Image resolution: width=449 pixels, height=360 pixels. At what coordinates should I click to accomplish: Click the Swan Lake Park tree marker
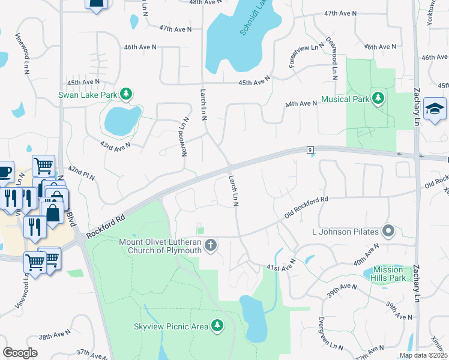click(125, 94)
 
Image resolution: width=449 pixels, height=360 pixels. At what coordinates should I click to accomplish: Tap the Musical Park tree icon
click(378, 98)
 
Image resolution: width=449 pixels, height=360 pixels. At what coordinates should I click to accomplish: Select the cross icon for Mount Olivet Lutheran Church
click(210, 245)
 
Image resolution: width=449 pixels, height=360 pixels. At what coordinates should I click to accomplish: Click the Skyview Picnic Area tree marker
click(217, 326)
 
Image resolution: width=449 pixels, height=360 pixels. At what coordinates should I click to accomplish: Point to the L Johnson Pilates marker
click(388, 231)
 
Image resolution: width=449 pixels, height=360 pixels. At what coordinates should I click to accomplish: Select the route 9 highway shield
click(310, 149)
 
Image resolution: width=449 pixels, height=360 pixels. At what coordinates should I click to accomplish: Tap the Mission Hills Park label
click(388, 274)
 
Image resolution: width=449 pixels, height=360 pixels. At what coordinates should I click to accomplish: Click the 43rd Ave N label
click(115, 146)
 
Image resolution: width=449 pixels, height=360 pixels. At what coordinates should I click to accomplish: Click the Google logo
click(20, 352)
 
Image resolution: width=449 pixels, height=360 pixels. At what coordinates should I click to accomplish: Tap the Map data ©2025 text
click(423, 355)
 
